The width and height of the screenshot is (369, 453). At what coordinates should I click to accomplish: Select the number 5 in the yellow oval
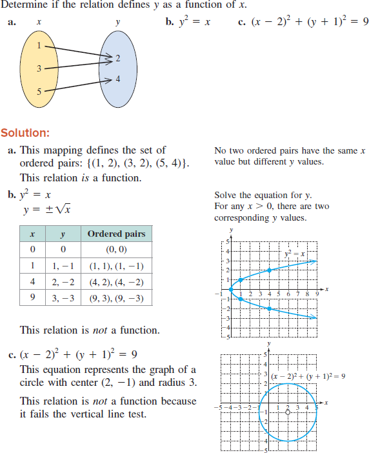tap(38, 91)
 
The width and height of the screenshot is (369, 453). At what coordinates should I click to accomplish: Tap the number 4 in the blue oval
tap(117, 79)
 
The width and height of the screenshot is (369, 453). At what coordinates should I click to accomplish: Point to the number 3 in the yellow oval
tap(38, 68)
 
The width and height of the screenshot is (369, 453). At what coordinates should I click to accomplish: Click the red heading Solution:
tap(25, 134)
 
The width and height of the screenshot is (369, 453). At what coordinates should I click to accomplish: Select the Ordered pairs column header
tap(116, 234)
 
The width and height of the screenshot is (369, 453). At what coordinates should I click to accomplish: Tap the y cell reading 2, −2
tap(62, 282)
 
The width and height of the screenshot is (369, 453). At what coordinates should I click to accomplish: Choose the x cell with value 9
tap(32, 298)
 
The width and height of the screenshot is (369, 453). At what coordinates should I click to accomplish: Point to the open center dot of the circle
tap(288, 411)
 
